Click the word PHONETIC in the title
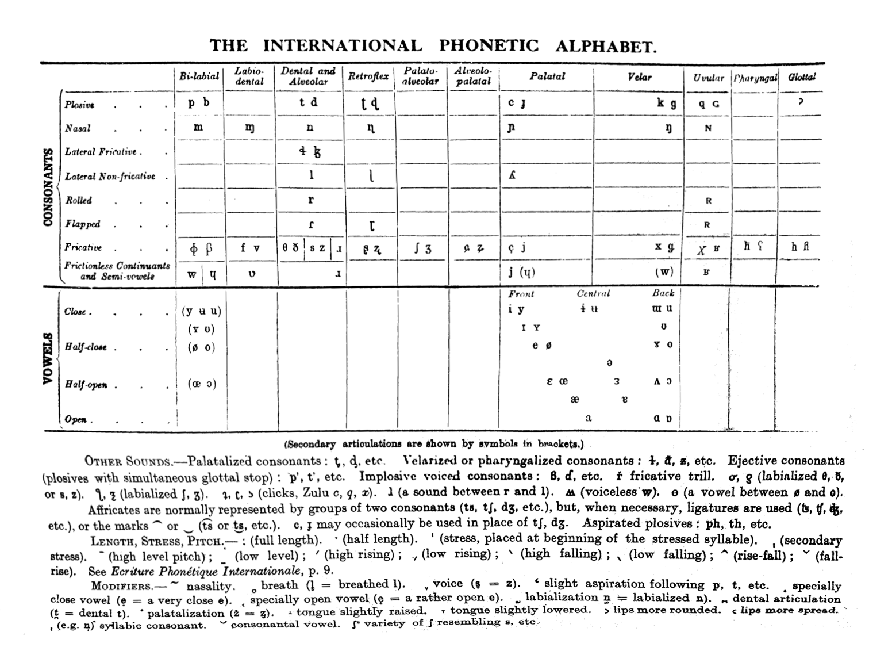point(489,45)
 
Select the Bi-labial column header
point(199,76)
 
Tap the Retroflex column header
point(368,76)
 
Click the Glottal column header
point(802,76)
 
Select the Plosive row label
point(79,105)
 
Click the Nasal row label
point(78,128)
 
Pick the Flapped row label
point(82,224)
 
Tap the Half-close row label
point(85,347)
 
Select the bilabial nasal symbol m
point(198,127)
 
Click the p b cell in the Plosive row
point(199,103)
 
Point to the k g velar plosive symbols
point(666,104)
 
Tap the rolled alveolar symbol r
point(311,200)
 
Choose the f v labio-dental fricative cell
point(250,248)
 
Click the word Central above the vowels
point(593,293)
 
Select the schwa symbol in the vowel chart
point(609,363)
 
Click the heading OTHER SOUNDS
point(128,461)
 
